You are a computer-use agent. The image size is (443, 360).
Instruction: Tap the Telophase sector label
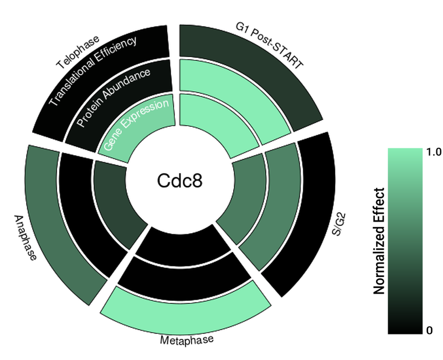78,53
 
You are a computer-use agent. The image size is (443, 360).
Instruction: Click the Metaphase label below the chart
186,340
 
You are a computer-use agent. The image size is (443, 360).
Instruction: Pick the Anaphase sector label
25,238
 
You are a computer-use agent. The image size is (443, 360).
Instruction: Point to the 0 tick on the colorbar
430,331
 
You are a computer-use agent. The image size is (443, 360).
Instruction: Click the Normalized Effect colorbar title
379,241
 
